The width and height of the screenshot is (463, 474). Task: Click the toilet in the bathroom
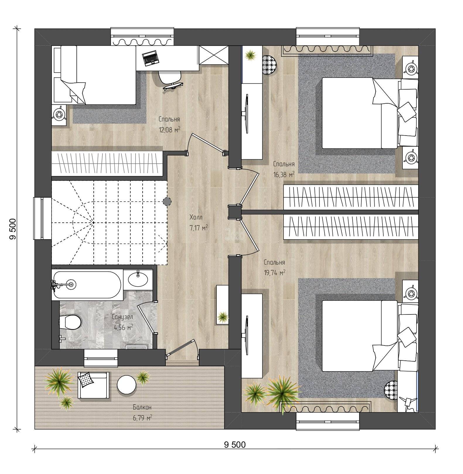point(70,322)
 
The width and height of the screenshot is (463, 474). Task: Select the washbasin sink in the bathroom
point(138,279)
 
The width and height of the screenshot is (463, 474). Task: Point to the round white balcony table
point(127,384)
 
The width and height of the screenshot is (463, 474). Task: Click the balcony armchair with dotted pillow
point(93,385)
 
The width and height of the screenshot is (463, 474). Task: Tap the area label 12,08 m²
point(169,129)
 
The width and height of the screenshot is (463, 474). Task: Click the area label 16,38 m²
point(283,174)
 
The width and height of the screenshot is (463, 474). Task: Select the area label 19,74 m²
point(274,273)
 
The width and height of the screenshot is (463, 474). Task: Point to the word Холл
point(196,217)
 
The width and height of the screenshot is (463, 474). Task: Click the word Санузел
point(123,317)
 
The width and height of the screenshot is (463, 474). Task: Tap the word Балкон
point(142,407)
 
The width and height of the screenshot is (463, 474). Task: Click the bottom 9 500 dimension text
point(235,445)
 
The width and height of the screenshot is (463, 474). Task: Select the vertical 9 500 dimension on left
point(12,229)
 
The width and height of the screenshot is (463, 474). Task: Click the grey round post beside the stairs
point(167,201)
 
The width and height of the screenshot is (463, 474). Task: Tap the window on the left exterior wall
point(38,218)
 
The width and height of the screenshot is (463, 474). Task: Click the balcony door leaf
point(180,348)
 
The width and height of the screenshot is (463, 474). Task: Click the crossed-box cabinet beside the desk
point(213,55)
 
